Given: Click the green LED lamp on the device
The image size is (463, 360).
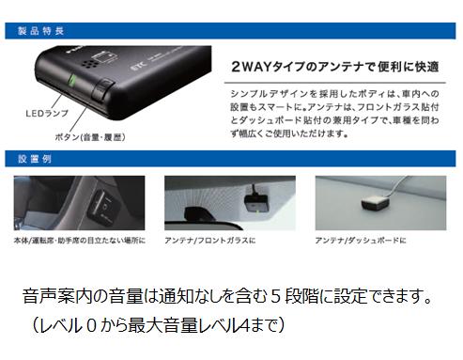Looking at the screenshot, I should pyautogui.click(x=72, y=94).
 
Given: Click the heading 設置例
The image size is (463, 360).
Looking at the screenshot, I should pyautogui.click(x=33, y=158).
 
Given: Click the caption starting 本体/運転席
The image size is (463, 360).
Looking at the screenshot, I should pyautogui.click(x=80, y=242).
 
